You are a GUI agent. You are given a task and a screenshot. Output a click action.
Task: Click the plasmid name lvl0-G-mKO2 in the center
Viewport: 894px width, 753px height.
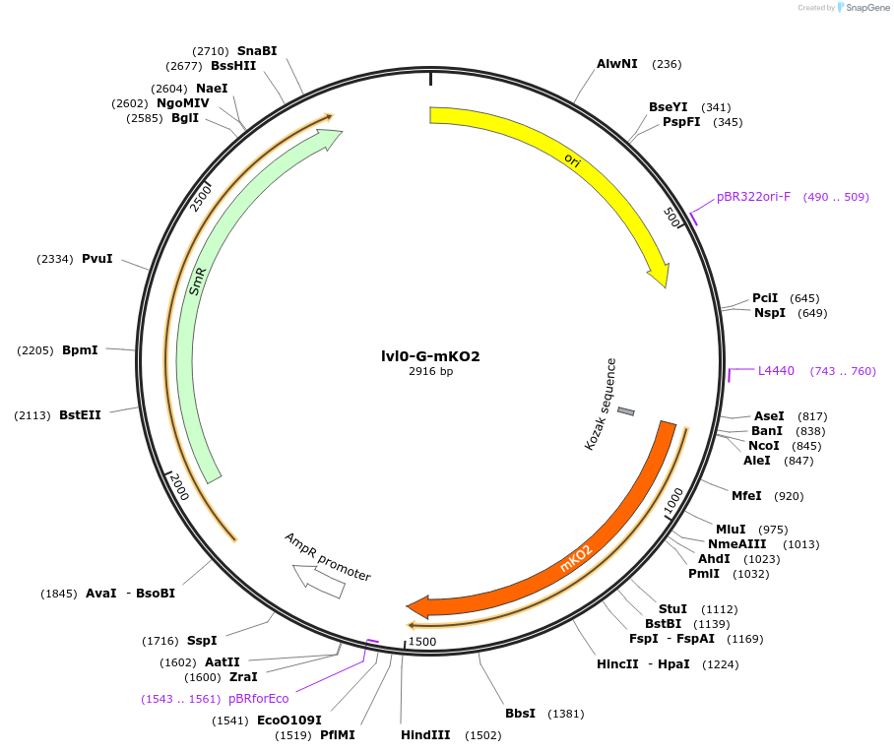(x=430, y=356)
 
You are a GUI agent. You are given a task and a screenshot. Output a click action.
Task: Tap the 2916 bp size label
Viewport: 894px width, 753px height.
(x=430, y=372)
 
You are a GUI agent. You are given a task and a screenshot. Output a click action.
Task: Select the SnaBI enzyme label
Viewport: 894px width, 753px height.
(x=257, y=50)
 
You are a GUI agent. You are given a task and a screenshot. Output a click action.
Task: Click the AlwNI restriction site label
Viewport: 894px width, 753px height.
(x=617, y=64)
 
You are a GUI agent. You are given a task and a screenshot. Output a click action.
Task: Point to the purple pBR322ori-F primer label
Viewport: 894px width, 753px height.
(x=753, y=197)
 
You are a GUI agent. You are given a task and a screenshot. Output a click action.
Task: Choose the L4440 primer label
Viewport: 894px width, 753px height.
(x=776, y=371)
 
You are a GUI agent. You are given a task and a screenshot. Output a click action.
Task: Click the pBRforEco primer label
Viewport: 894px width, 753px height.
(x=259, y=699)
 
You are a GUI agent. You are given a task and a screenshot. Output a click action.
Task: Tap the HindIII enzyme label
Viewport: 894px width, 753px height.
(x=425, y=735)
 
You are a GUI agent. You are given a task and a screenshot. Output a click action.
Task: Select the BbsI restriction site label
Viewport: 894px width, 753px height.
(x=520, y=714)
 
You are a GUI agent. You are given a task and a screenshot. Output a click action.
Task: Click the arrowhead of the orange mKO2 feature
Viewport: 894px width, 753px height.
(x=416, y=607)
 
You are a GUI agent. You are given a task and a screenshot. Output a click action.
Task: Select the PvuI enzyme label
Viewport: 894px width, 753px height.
(x=97, y=259)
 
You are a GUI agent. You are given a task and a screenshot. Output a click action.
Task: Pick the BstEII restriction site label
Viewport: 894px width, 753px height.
(x=80, y=415)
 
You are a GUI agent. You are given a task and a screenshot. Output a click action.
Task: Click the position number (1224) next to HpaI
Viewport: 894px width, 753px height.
(x=720, y=664)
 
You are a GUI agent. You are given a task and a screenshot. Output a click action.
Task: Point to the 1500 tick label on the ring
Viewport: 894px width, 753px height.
(x=422, y=642)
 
